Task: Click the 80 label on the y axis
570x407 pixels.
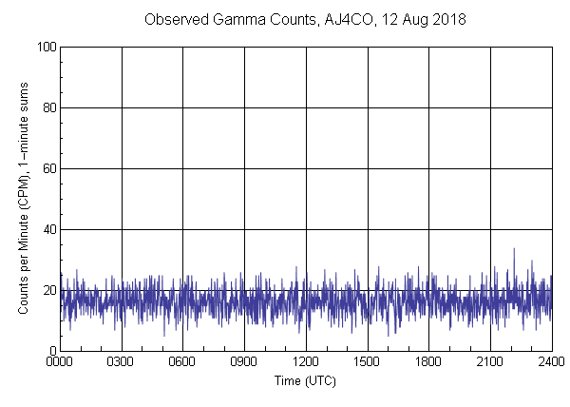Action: (47, 107)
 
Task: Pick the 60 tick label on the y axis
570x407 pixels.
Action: (47, 168)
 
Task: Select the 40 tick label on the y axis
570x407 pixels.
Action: (47, 229)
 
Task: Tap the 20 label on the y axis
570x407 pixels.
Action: (47, 290)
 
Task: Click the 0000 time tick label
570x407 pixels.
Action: (60, 362)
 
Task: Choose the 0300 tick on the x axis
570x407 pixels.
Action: (122, 362)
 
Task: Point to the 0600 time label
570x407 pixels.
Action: (183, 362)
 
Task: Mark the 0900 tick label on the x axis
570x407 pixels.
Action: (244, 362)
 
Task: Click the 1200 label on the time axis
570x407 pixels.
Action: (306, 362)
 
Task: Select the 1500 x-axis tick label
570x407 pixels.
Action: (368, 362)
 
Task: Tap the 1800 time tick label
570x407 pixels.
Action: (428, 362)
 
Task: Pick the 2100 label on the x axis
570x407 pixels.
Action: (490, 362)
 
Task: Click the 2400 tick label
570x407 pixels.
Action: (550, 362)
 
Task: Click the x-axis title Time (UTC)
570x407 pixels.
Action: (305, 380)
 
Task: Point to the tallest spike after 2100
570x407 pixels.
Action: (514, 250)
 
